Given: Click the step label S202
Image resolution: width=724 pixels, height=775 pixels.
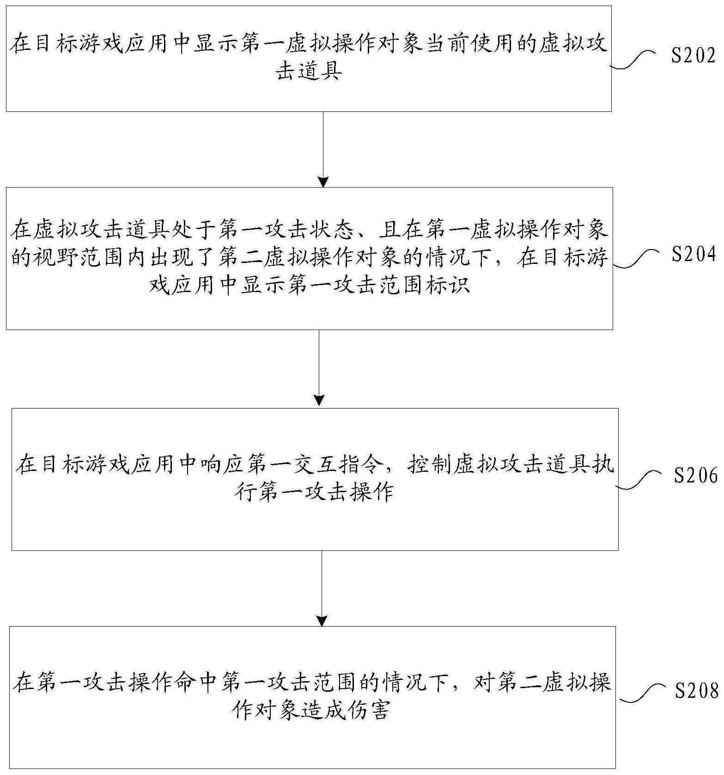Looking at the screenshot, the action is (x=693, y=55).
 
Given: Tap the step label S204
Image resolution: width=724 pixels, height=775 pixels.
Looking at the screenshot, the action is (x=694, y=255).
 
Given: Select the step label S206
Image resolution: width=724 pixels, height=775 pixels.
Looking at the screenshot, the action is (x=696, y=475).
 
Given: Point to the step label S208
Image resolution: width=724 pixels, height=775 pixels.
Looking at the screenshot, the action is (x=696, y=691).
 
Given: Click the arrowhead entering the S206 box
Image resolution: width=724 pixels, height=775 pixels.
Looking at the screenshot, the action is (x=319, y=400).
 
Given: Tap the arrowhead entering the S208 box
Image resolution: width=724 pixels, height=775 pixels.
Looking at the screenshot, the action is (x=322, y=621).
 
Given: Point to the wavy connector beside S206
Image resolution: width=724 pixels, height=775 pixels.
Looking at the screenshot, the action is (x=640, y=479).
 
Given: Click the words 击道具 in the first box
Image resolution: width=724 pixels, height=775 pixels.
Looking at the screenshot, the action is (x=309, y=72).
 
